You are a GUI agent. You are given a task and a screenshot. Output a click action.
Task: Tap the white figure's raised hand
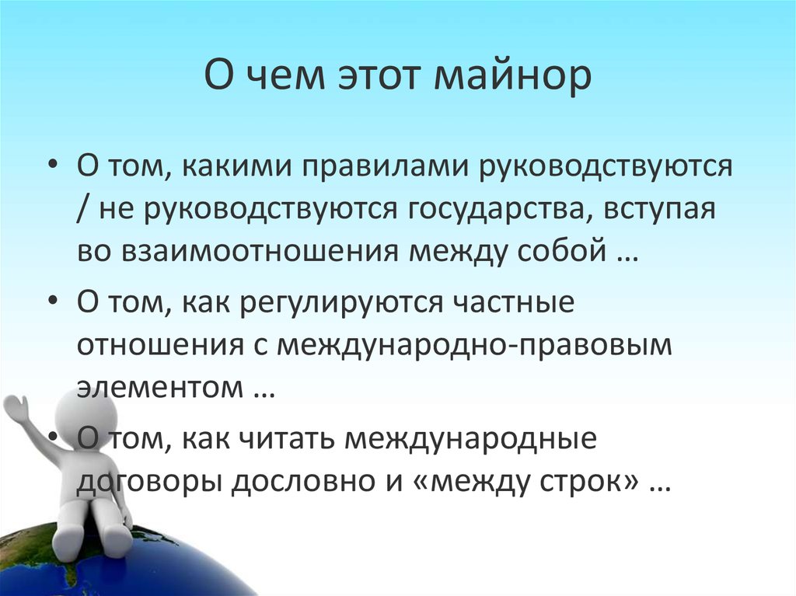point(16,408)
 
